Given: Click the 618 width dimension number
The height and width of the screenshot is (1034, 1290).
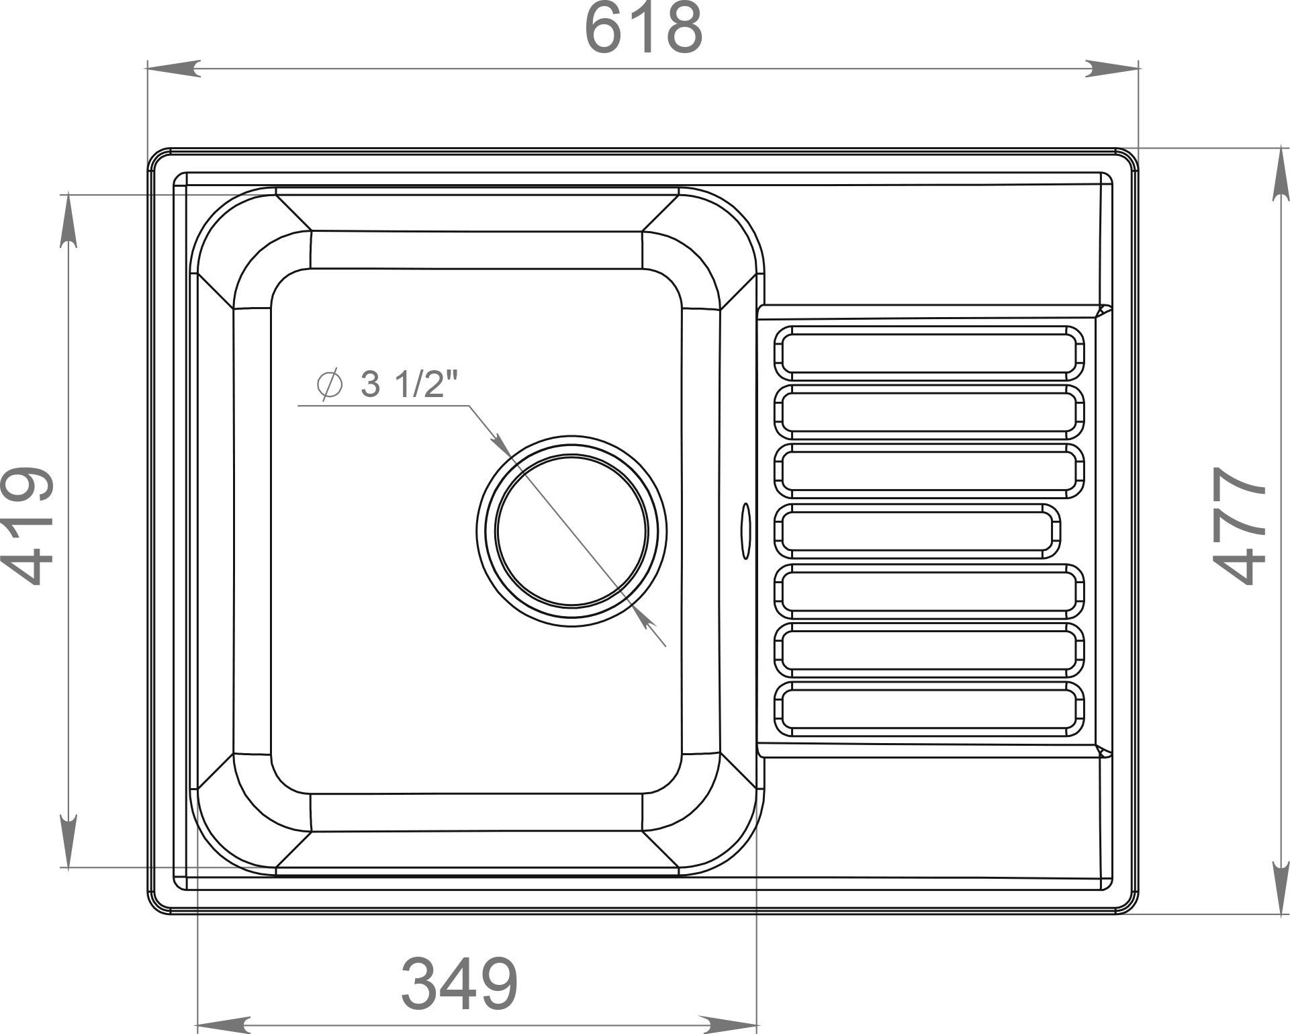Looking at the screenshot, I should (644, 30).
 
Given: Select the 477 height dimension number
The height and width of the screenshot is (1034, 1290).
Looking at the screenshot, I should (1240, 525).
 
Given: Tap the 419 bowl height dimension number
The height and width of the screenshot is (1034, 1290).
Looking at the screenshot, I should (28, 525).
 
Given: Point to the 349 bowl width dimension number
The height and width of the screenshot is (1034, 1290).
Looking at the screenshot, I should (460, 983).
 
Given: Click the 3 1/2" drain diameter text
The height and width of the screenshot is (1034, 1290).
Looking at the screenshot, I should (409, 384).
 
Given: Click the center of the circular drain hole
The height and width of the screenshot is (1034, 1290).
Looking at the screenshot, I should (571, 530).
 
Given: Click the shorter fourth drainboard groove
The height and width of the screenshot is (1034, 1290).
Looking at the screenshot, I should (918, 531).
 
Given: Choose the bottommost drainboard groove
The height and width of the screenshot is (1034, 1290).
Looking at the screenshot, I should (930, 709).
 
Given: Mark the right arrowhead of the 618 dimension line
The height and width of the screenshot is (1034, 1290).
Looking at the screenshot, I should (1113, 69).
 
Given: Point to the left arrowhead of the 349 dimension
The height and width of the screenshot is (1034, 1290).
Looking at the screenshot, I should (224, 1025).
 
